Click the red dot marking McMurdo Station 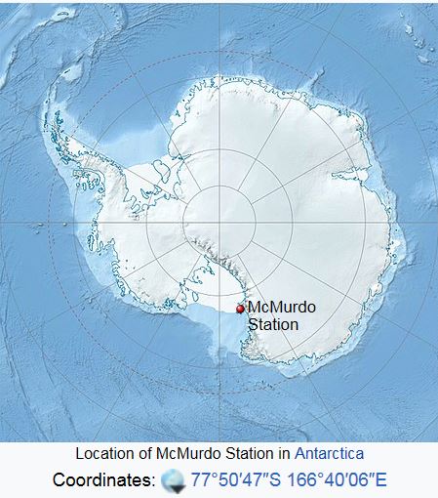[240, 310]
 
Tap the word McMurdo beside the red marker [282, 308]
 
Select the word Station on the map [273, 324]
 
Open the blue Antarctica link [329, 454]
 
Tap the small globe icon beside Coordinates [172, 479]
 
